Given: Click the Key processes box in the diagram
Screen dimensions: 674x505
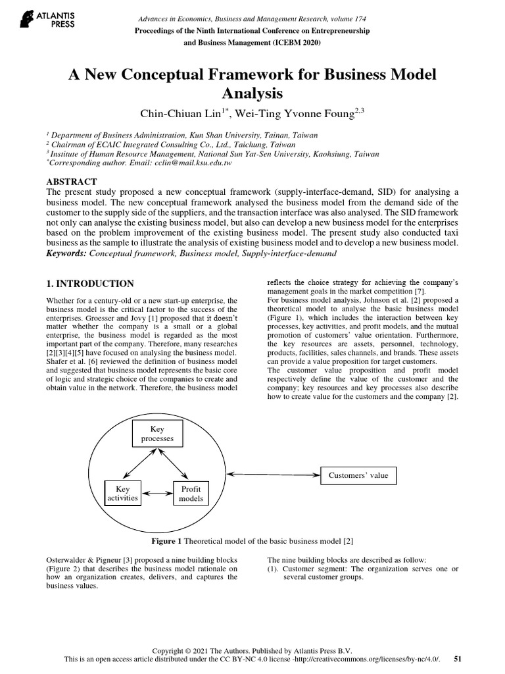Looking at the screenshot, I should [x=157, y=433].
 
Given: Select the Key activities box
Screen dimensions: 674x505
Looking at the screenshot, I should [x=123, y=494].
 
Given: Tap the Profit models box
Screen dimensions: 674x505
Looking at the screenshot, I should [x=191, y=494].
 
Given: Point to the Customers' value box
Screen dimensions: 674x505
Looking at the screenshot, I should [x=358, y=475].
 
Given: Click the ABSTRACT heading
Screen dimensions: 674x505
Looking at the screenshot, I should [x=72, y=182].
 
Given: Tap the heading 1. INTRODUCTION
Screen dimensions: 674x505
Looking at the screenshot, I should [x=90, y=284].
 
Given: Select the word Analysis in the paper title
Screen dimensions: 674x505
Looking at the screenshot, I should [x=252, y=93].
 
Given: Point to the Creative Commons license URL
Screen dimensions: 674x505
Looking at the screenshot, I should [x=370, y=658].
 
